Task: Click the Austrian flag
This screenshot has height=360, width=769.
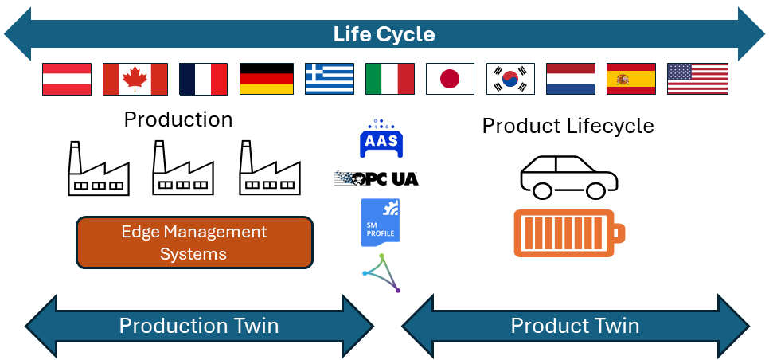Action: click(x=67, y=79)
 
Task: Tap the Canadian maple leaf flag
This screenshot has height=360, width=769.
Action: click(x=135, y=79)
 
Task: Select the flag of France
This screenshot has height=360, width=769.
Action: click(x=203, y=79)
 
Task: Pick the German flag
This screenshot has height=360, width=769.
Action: click(x=267, y=79)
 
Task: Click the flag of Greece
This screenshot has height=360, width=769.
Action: click(x=330, y=79)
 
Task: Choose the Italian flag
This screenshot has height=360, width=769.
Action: click(x=390, y=79)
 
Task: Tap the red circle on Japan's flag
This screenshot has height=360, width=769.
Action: click(x=451, y=79)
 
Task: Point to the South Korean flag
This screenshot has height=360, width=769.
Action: click(x=510, y=79)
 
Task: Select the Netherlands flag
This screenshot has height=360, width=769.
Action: click(x=571, y=79)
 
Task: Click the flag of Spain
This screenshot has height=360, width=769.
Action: click(x=631, y=79)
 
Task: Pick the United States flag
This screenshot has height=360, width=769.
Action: click(x=697, y=79)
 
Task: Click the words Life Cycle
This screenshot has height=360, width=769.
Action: click(x=384, y=35)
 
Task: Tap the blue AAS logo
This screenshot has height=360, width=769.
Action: click(x=381, y=139)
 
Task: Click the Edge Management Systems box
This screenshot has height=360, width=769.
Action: click(x=194, y=242)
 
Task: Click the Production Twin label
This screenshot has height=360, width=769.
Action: click(x=199, y=326)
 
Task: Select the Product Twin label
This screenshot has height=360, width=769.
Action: click(x=575, y=326)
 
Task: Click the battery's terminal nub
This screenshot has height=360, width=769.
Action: click(x=620, y=233)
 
